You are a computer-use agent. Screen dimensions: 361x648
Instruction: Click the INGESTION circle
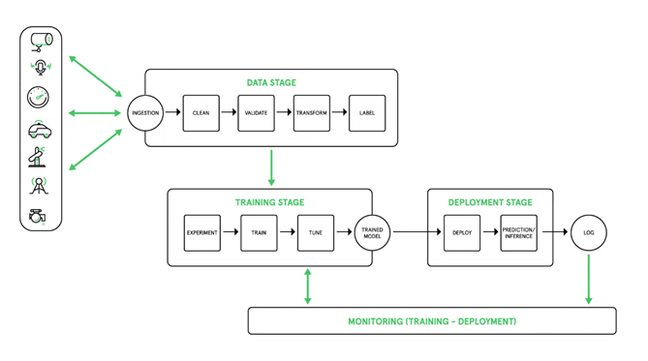(x=145, y=113)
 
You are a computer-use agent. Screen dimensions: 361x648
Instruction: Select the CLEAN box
(x=201, y=113)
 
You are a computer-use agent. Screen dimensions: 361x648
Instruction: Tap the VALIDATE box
(x=256, y=113)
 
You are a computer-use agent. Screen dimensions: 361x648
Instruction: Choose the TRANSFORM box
(x=312, y=113)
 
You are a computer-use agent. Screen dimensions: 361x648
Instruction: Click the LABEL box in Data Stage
(x=367, y=113)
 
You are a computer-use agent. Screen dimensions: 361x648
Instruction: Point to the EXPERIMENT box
(x=201, y=233)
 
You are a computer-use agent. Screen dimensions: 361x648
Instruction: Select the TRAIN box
(x=259, y=233)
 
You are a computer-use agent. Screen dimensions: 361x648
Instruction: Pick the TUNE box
(x=316, y=233)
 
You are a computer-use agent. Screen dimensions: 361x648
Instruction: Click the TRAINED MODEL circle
(x=373, y=233)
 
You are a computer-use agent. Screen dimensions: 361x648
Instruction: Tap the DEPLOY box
(x=461, y=233)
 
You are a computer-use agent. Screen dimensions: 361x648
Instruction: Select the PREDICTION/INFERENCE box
(x=518, y=233)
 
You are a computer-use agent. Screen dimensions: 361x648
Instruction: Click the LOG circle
(x=588, y=233)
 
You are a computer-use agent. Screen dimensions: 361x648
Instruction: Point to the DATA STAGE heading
(x=270, y=82)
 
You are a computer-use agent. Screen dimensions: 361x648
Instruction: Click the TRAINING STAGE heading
(x=269, y=202)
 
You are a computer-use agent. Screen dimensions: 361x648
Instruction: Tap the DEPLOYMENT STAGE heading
(x=490, y=202)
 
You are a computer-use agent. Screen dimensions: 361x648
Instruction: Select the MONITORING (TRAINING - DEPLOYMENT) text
(x=432, y=321)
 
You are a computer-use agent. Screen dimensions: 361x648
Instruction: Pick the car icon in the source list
(x=40, y=130)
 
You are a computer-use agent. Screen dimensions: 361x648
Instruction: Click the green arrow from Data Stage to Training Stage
(x=271, y=166)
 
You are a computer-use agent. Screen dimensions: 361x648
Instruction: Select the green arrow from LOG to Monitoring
(x=588, y=280)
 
